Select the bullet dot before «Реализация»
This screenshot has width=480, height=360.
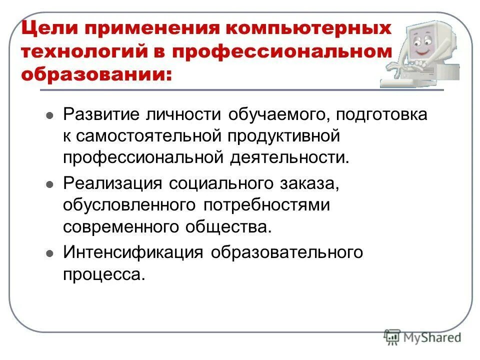pos(49,184)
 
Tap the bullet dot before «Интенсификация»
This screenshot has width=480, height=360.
pos(49,253)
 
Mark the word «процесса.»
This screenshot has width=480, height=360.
pos(104,273)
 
